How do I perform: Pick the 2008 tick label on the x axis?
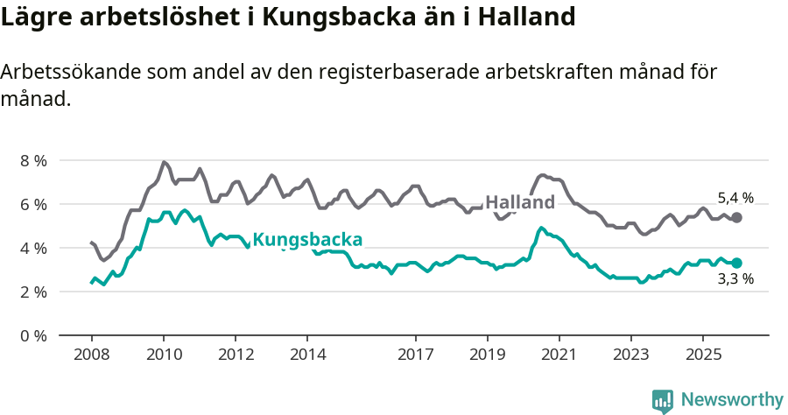point(92,355)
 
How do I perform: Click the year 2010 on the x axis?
point(164,355)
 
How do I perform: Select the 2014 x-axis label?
point(307,355)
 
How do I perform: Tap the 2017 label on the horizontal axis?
point(415,355)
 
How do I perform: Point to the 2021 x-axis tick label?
point(559,355)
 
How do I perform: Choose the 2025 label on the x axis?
point(702,355)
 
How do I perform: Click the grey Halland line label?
point(520,202)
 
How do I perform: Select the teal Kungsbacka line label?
point(307,240)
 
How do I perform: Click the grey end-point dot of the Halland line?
point(736,217)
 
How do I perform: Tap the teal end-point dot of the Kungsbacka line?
point(736,263)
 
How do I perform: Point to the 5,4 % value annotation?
point(735,198)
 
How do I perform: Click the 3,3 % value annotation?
point(735,280)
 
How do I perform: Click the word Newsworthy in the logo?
point(732,400)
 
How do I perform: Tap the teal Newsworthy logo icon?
point(663,401)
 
